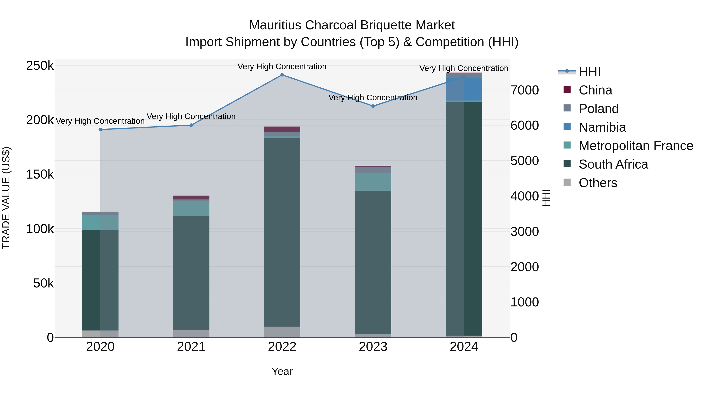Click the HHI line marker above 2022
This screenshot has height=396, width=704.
[282, 75]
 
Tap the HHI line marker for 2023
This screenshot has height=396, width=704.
[373, 106]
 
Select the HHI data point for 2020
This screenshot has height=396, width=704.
[100, 129]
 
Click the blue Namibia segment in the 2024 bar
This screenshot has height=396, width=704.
[464, 89]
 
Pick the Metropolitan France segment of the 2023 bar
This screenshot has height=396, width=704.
[373, 181]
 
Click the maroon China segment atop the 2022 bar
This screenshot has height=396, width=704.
[282, 129]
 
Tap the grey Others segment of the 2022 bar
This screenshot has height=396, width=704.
[282, 332]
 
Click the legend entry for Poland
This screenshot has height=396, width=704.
[599, 109]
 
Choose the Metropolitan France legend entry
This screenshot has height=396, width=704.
[636, 146]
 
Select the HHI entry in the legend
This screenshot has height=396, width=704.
[589, 72]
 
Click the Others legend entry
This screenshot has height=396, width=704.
[598, 183]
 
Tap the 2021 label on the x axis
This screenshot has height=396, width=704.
[191, 347]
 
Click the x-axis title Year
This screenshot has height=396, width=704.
[282, 371]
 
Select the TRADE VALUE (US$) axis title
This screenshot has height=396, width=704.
[6, 198]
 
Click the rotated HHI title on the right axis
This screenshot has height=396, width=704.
[546, 198]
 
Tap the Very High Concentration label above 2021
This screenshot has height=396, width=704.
[191, 116]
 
